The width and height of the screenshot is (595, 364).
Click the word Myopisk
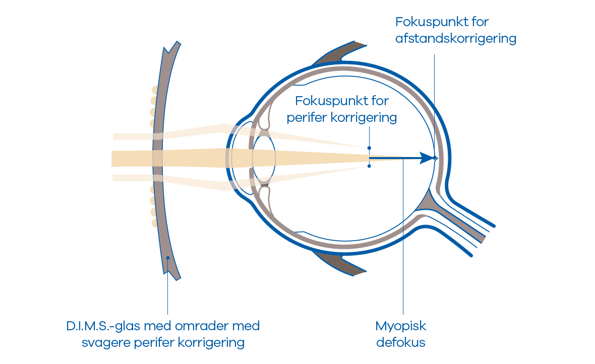[x=400, y=326]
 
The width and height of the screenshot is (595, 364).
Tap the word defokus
[x=400, y=343]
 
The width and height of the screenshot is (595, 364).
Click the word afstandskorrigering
[x=456, y=39]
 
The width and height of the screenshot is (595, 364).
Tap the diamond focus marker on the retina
[x=435, y=158]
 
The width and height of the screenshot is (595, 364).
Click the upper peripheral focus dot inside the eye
[x=369, y=148]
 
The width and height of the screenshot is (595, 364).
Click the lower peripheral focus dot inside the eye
[x=369, y=166]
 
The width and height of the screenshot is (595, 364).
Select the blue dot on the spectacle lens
[x=167, y=258]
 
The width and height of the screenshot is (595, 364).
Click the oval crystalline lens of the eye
[x=264, y=158]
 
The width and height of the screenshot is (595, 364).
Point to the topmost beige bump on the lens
[x=154, y=90]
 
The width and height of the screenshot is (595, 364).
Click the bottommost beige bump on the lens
[x=155, y=222]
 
